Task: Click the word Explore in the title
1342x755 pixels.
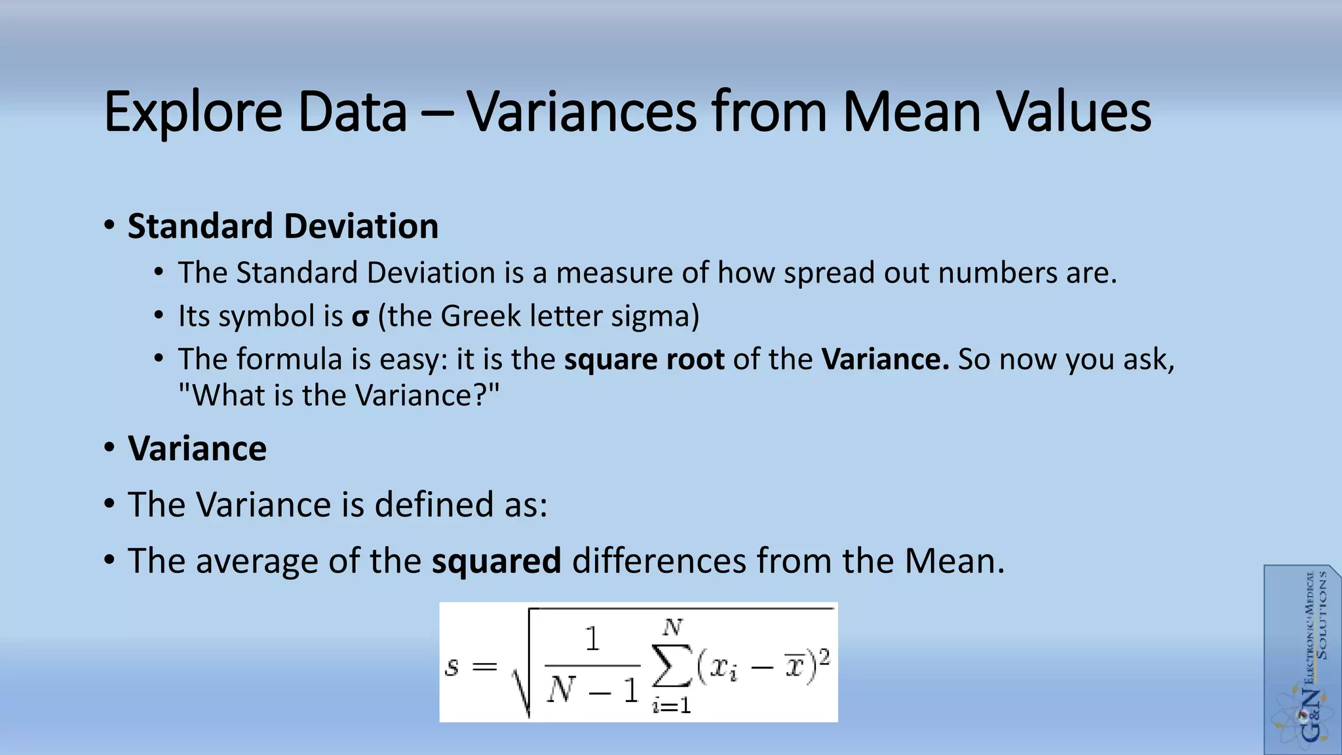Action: pos(193,113)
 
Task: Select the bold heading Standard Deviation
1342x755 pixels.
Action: pos(282,226)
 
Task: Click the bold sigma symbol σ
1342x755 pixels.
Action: pos(360,317)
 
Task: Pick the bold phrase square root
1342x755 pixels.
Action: pos(644,359)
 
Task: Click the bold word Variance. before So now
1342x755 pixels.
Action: pos(885,359)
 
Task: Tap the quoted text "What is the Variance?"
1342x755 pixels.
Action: pos(339,395)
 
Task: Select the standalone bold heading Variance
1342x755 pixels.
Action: pos(197,449)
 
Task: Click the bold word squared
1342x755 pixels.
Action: pos(496,561)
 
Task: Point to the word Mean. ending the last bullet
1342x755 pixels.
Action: pos(954,561)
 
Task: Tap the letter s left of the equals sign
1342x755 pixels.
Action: pos(451,667)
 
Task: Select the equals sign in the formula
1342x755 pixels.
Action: pos(485,667)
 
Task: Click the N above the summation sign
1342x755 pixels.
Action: pos(672,628)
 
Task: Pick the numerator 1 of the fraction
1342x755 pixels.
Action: pos(592,639)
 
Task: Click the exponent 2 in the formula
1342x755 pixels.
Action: pos(824,656)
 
